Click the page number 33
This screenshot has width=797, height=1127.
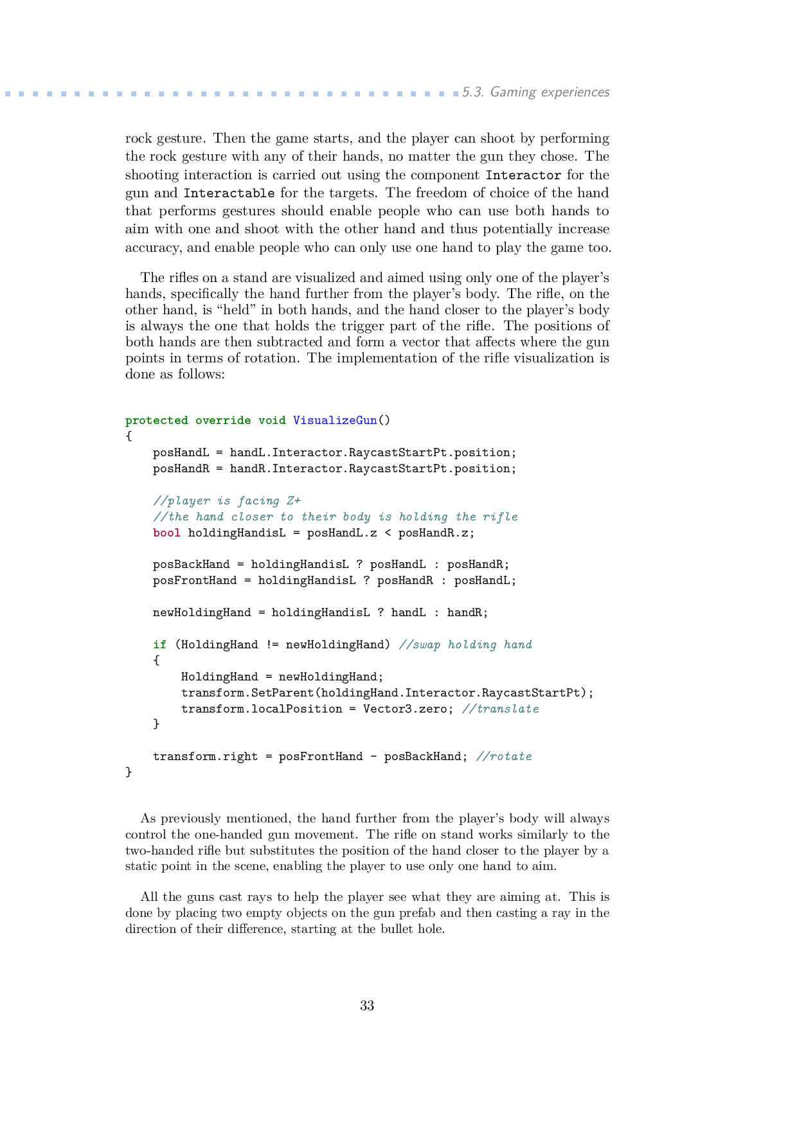click(367, 1006)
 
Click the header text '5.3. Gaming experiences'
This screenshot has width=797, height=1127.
click(535, 92)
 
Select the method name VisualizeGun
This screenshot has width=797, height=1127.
click(335, 420)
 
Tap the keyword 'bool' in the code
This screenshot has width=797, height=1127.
click(166, 533)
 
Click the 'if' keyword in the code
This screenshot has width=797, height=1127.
click(159, 644)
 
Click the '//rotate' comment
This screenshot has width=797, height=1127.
click(504, 756)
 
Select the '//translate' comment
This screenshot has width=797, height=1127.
click(500, 709)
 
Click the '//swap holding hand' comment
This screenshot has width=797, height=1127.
click(465, 644)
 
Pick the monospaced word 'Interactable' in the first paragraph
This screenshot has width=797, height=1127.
click(229, 193)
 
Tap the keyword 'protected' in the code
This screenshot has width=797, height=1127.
click(156, 420)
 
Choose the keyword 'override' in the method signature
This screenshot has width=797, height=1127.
click(223, 420)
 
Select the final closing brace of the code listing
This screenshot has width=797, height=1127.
click(129, 772)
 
